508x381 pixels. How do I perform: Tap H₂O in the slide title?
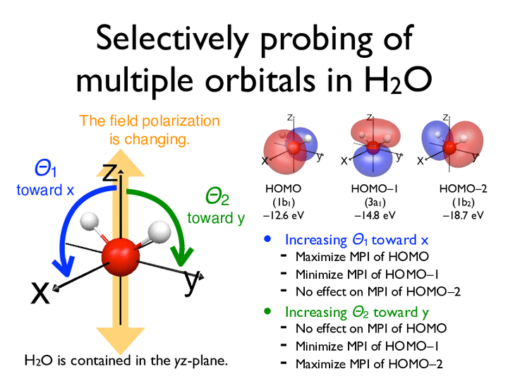[398, 80]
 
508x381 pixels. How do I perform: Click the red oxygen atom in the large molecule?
[121, 258]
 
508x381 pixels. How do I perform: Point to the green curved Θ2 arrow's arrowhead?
[181, 257]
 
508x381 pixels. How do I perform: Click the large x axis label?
[40, 293]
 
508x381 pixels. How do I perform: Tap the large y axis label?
[191, 282]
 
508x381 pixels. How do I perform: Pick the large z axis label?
[109, 172]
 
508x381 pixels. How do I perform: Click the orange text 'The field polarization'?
[150, 121]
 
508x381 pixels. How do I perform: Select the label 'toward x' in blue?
[45, 190]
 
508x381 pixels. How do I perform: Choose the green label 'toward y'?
[216, 218]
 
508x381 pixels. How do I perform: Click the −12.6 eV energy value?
[283, 215]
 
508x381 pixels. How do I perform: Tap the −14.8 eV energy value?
[375, 215]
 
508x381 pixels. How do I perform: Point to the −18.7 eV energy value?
[463, 215]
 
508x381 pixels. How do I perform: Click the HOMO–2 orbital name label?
[463, 188]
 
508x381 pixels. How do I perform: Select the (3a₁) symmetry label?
[375, 202]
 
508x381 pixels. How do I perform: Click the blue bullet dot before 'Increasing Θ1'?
[267, 239]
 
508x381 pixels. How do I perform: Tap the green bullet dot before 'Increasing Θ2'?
[267, 311]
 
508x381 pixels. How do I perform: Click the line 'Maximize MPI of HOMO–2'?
[369, 364]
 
